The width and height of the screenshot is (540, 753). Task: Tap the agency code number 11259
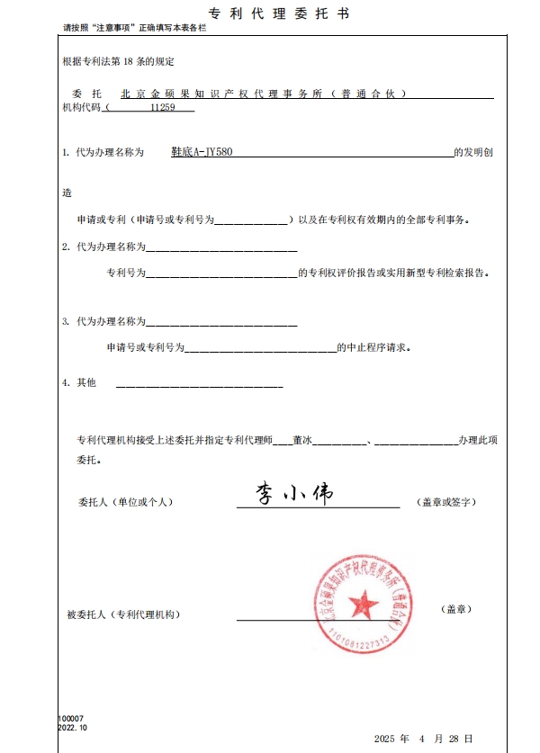tap(162, 107)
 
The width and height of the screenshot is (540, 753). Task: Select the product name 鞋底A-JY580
tap(202, 152)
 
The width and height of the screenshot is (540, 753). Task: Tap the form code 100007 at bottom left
tap(70, 718)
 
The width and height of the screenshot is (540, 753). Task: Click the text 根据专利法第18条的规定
tap(117, 62)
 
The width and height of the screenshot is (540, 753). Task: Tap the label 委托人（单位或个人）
tap(125, 501)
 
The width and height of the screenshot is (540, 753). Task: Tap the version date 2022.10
tap(72, 727)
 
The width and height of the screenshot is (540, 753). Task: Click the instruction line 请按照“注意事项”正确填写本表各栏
tap(135, 29)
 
